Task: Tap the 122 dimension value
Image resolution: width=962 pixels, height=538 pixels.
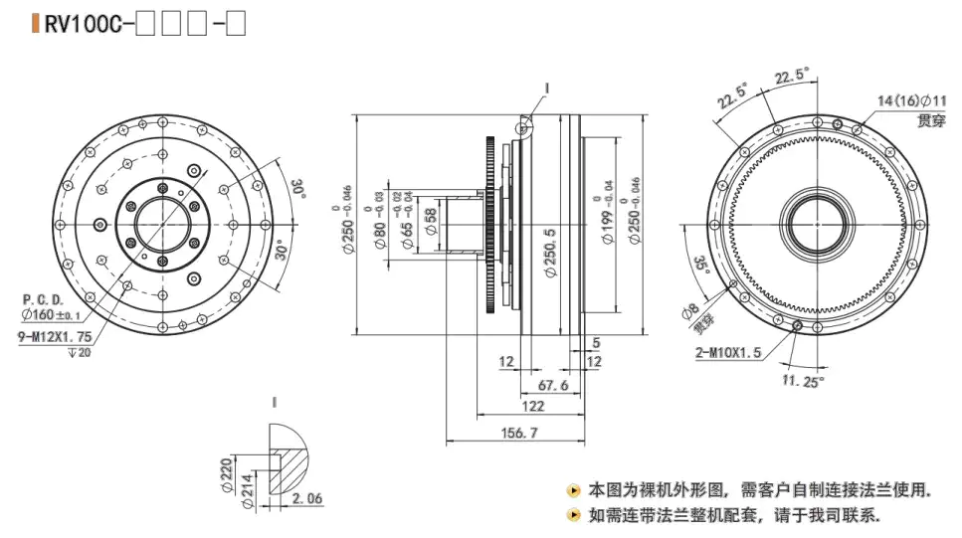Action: pyautogui.click(x=532, y=406)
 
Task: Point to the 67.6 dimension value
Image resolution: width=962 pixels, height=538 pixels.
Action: pyautogui.click(x=551, y=384)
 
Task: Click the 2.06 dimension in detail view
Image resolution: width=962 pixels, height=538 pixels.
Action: pyautogui.click(x=307, y=499)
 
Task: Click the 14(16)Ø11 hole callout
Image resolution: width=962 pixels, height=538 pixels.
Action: pyautogui.click(x=912, y=100)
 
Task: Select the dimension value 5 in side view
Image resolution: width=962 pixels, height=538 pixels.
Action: pyautogui.click(x=595, y=343)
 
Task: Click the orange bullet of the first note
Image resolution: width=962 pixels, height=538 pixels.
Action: pyautogui.click(x=573, y=490)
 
